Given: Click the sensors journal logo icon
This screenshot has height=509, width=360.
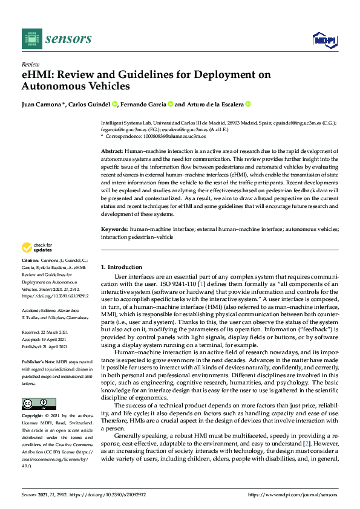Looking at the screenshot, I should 31,39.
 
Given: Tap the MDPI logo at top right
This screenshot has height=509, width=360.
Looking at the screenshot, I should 324,40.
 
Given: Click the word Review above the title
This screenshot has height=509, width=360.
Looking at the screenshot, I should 30,63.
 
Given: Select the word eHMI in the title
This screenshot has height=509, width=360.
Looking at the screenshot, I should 37,75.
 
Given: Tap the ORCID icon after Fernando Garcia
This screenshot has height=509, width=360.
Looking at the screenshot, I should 170,104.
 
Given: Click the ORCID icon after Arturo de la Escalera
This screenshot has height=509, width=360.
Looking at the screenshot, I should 247,104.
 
